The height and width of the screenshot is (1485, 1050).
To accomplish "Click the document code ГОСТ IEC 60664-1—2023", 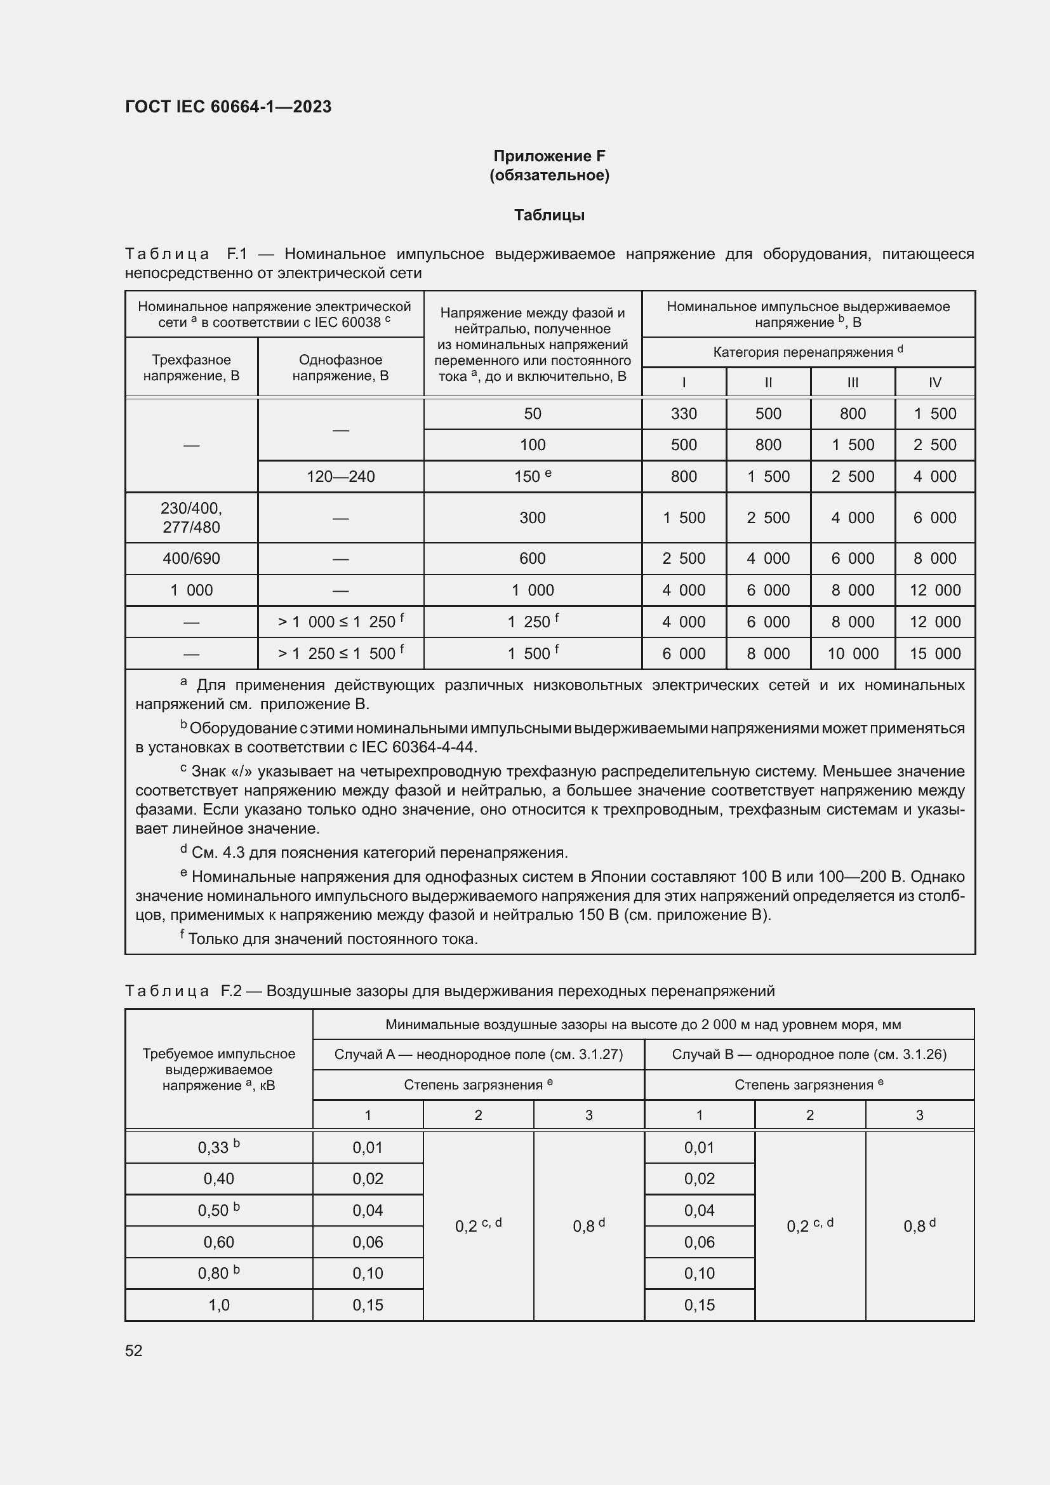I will pyautogui.click(x=228, y=107).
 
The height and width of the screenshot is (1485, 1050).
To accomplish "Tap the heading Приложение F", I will pyautogui.click(x=549, y=156).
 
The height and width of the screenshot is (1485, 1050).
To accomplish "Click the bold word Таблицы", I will pyautogui.click(x=549, y=215).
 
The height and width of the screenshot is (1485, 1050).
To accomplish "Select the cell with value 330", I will pyautogui.click(x=684, y=414).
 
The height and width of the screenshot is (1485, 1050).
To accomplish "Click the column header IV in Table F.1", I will pyautogui.click(x=934, y=382).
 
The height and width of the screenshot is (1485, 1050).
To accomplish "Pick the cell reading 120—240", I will pyautogui.click(x=341, y=477).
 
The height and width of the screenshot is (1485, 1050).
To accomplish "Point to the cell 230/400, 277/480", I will pyautogui.click(x=191, y=517).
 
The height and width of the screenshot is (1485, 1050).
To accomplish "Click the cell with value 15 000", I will pyautogui.click(x=934, y=653).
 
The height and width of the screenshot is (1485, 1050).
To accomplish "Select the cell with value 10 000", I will pyautogui.click(x=852, y=653).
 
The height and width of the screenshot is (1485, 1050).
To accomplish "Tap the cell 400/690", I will pyautogui.click(x=191, y=558).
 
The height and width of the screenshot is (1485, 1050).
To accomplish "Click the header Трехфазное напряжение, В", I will pyautogui.click(x=191, y=368).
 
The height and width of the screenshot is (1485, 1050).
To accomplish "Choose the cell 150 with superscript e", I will pyautogui.click(x=532, y=477).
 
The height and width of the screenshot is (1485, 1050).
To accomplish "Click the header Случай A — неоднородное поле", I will pyautogui.click(x=479, y=1055).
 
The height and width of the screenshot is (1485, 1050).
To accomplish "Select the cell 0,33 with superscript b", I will pyautogui.click(x=218, y=1147).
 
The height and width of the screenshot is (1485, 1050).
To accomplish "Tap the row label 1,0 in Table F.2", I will pyautogui.click(x=218, y=1305).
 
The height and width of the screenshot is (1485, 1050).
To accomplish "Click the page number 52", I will pyautogui.click(x=134, y=1350).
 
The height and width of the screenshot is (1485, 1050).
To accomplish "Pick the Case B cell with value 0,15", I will pyautogui.click(x=699, y=1305).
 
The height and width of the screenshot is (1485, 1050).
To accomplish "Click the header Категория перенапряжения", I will pyautogui.click(x=807, y=352).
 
